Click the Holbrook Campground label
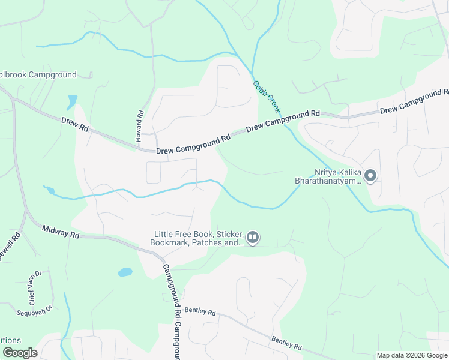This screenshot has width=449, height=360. click(x=38, y=75)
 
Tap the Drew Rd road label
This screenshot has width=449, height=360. click(x=75, y=125)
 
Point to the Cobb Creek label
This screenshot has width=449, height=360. click(x=267, y=97)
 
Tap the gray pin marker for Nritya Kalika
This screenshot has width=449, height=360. click(x=370, y=176)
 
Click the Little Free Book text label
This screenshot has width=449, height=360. click(x=197, y=238)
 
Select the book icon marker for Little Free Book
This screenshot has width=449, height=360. click(x=253, y=239)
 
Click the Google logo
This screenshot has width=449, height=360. click(x=20, y=353)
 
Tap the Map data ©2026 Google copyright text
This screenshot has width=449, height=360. click(x=412, y=355)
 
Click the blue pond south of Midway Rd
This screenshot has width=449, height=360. click(x=125, y=272)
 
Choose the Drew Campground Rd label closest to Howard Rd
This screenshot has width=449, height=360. click(x=193, y=144)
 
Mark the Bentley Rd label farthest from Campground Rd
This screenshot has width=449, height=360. click(x=286, y=343)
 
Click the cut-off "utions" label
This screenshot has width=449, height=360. click(x=11, y=340)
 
